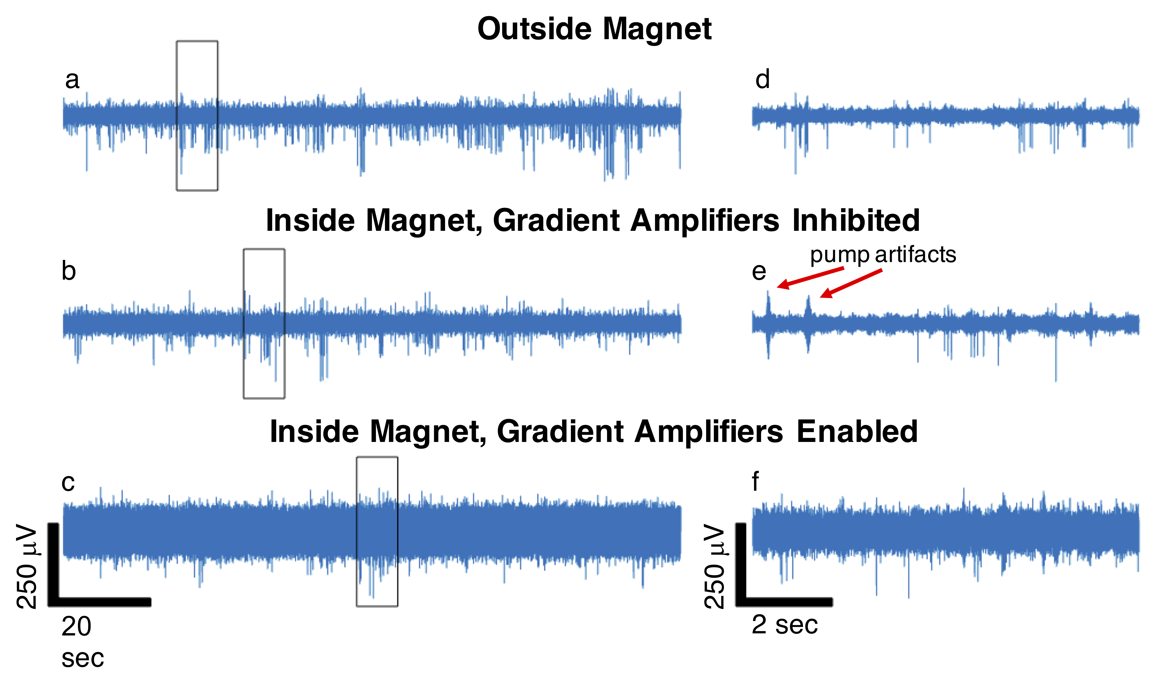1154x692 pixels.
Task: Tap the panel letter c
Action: pos(68,483)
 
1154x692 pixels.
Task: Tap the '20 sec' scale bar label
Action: pos(79,642)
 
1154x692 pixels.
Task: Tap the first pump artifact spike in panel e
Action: pos(768,305)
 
